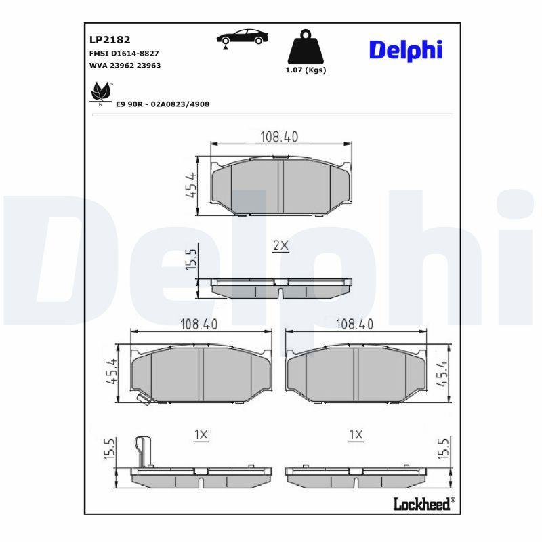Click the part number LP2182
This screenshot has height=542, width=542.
coord(110,40)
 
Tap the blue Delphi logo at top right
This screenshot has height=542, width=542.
coord(406,50)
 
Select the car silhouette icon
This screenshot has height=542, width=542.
coord(243,37)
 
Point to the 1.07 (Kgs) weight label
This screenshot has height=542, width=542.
coord(306,70)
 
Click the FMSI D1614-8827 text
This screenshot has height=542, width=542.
coord(124,54)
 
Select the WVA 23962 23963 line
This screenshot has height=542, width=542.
coord(125,66)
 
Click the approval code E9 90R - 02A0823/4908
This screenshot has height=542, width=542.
coord(163,104)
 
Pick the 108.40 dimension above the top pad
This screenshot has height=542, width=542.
coord(279,137)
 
